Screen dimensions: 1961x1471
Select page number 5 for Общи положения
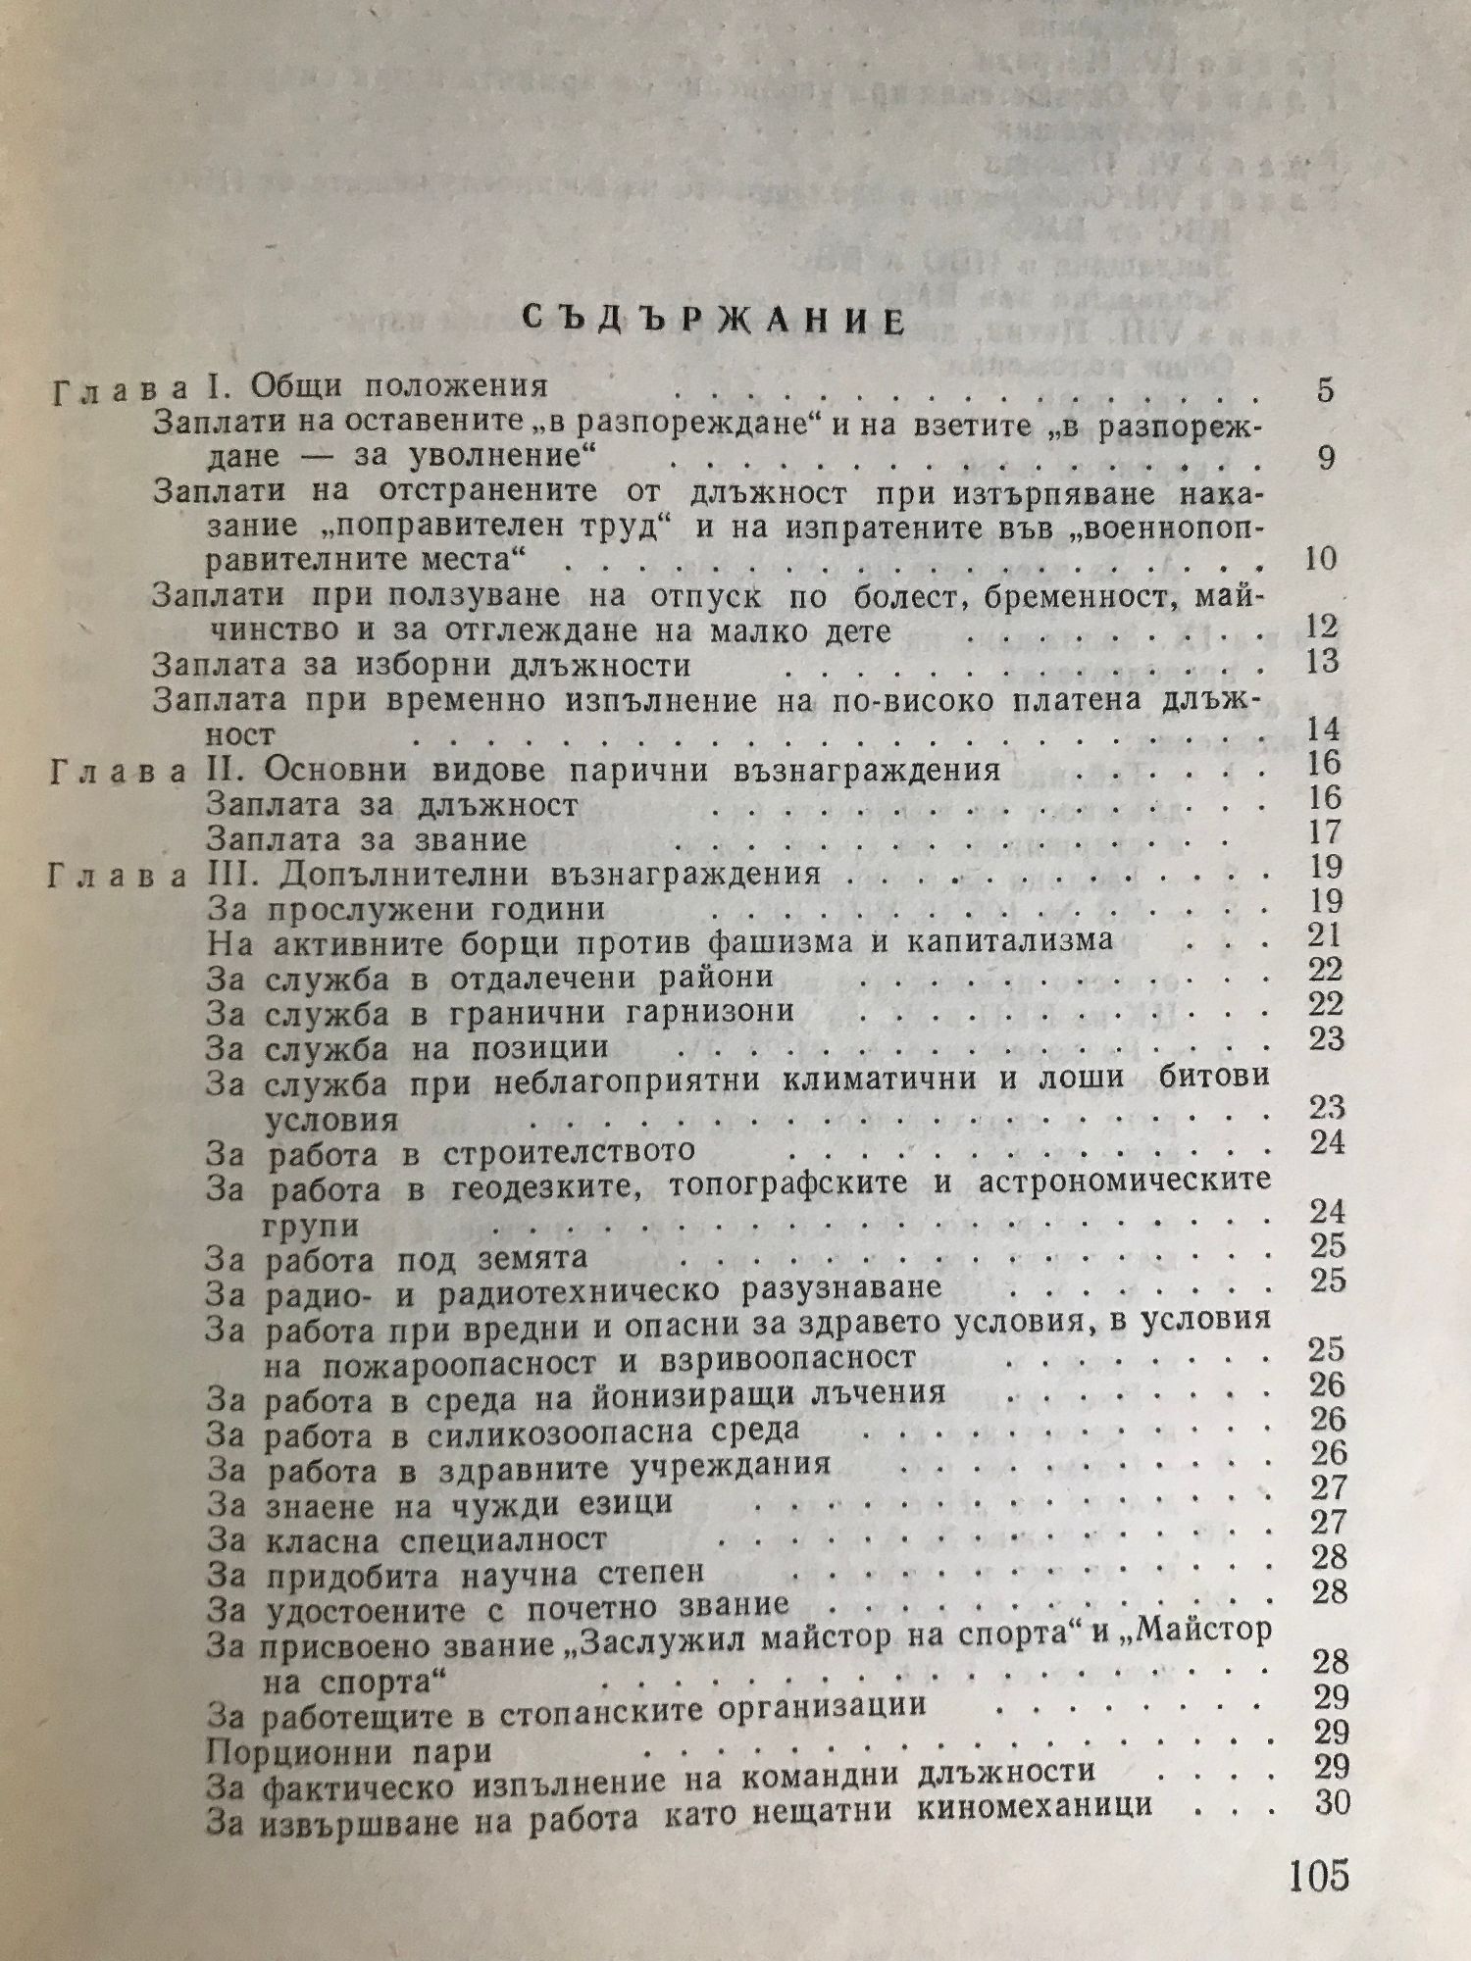click(x=1326, y=389)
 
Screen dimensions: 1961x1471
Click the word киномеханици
click(x=1034, y=1807)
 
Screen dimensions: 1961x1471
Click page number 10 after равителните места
click(x=1321, y=560)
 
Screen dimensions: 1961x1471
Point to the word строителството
click(x=569, y=1150)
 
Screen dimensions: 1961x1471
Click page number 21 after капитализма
click(x=1324, y=935)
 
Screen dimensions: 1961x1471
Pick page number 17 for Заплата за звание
click(x=1325, y=832)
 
